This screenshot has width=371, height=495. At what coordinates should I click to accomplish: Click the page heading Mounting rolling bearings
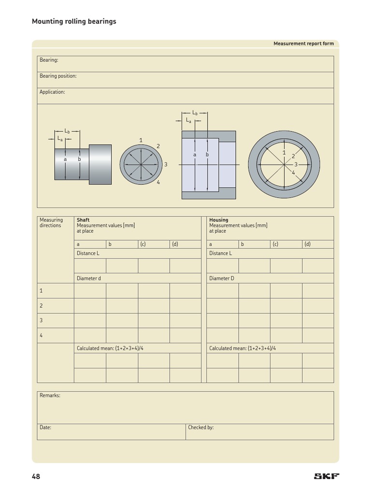pos(74,21)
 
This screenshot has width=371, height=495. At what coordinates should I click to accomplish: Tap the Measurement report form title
pos(303,44)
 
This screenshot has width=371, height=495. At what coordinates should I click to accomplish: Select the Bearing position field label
pos(58,76)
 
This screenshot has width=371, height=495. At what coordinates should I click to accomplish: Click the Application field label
pos(52,92)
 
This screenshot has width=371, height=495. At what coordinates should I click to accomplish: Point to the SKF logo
pos(327,476)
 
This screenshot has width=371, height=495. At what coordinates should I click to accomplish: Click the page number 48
pos(36,477)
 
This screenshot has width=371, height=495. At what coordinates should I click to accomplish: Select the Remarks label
pos(50,395)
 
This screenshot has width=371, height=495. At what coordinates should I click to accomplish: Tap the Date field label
pos(45,427)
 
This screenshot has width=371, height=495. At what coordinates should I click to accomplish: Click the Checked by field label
pos(200,427)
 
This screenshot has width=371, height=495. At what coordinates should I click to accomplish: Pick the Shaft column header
pos(83,220)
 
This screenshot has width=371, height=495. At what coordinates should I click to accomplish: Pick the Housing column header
pos(218,220)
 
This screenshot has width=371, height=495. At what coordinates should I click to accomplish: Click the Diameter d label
pos(89,278)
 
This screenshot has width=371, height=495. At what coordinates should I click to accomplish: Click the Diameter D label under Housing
pos(222,278)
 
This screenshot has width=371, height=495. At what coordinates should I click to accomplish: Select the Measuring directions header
pos(51,223)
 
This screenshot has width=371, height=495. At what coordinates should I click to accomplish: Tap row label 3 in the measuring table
pos(41,320)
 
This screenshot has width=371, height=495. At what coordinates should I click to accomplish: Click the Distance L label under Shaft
pos(88,253)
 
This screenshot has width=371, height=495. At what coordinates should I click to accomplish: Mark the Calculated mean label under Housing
pos(243,348)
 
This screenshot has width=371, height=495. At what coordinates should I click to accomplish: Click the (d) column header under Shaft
pos(175,244)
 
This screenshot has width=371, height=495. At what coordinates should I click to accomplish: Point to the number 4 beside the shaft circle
pos(158,182)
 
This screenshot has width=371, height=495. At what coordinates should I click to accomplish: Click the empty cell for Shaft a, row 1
pos(90,291)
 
